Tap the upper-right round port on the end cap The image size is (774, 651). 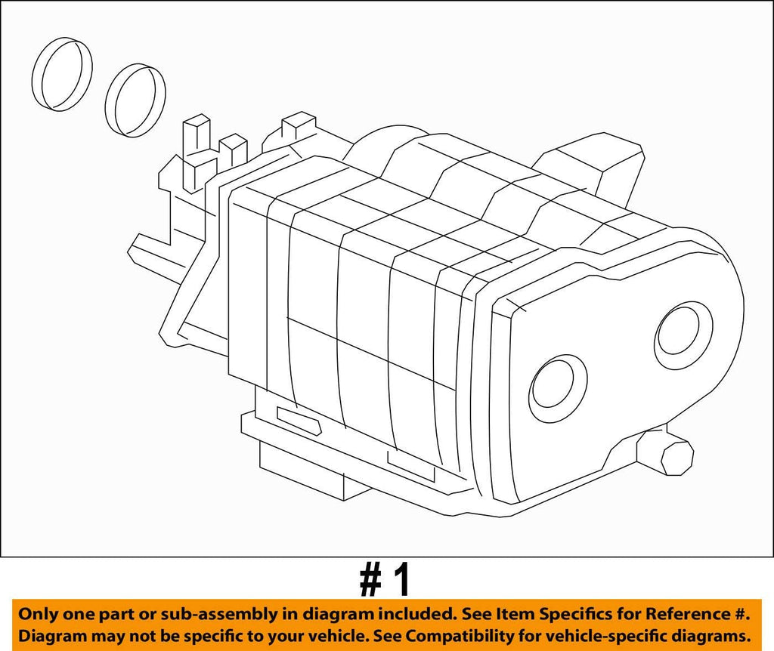click(683, 332)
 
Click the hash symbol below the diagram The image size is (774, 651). click(372, 580)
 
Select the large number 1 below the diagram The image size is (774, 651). click(404, 580)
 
